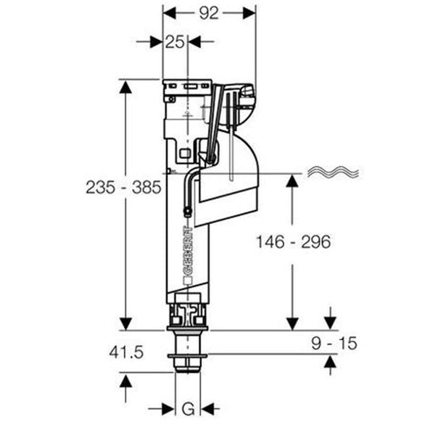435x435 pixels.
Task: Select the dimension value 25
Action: click(x=175, y=42)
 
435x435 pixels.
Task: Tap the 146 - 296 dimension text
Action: click(x=293, y=242)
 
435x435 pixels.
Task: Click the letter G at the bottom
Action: click(x=188, y=410)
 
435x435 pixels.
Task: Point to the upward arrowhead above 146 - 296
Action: click(x=292, y=181)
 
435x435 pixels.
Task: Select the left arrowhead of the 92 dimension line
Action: click(x=167, y=12)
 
